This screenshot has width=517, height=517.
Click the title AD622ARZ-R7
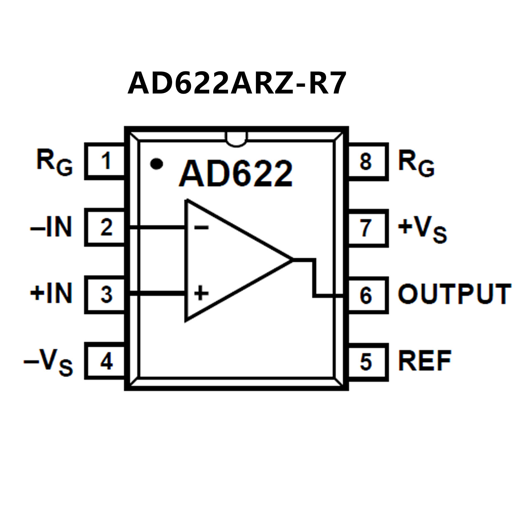coord(237,83)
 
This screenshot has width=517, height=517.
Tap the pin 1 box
coord(105,161)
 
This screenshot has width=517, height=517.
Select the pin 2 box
coord(105,227)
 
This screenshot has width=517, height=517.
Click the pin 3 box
coord(105,294)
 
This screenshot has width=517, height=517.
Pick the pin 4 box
coord(105,361)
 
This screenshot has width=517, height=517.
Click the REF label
coord(424,361)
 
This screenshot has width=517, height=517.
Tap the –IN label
coord(52,227)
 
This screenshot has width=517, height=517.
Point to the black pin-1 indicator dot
coord(157,164)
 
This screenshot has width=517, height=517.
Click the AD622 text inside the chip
coord(236,174)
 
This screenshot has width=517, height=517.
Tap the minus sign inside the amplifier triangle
coord(201,228)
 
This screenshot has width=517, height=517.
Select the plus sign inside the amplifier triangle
coord(201,293)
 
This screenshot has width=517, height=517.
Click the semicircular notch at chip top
coord(236,139)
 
